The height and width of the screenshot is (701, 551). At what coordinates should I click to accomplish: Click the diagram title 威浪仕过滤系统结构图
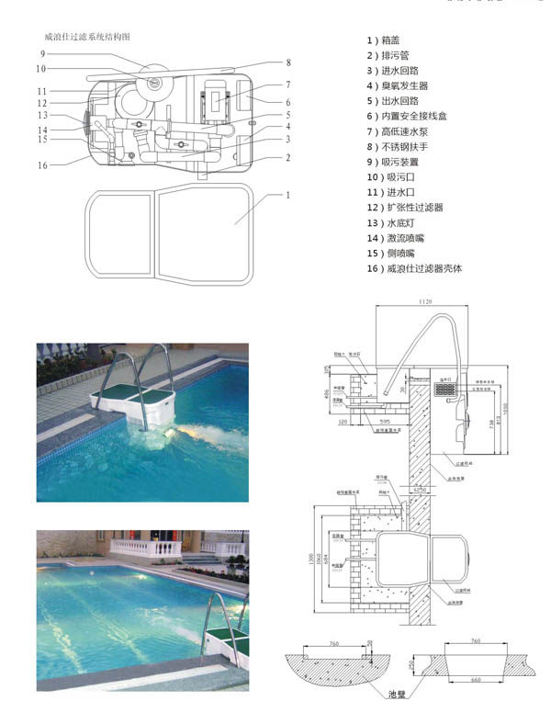[88, 37]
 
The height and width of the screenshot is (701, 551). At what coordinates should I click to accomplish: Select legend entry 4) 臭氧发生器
[402, 85]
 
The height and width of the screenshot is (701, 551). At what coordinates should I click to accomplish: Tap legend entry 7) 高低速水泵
[402, 131]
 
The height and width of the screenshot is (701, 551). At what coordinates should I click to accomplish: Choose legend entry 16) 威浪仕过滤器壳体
[414, 268]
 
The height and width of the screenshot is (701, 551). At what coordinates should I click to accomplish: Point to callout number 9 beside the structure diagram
[43, 54]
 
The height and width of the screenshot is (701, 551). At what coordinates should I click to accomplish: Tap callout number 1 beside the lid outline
[287, 195]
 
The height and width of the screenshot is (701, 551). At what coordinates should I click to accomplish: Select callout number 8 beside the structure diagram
[287, 62]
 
